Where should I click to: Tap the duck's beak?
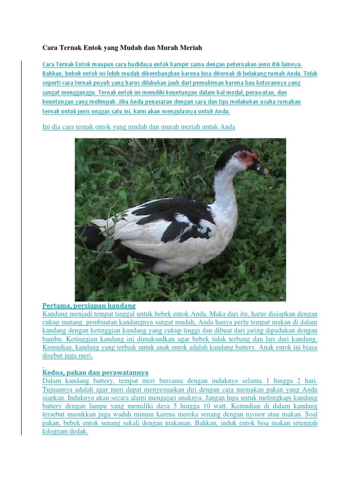[262, 167]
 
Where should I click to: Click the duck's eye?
[244, 155]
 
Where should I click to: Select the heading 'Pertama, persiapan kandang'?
[89, 306]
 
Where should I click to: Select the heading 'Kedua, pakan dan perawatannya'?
[95, 373]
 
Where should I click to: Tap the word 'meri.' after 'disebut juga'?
[86, 356]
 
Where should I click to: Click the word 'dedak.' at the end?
[79, 432]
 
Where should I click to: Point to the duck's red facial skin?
[248, 158]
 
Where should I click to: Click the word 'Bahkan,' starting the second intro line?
[53, 74]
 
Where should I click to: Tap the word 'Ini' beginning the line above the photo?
[47, 127]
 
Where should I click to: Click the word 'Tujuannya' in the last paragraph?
[58, 390]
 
